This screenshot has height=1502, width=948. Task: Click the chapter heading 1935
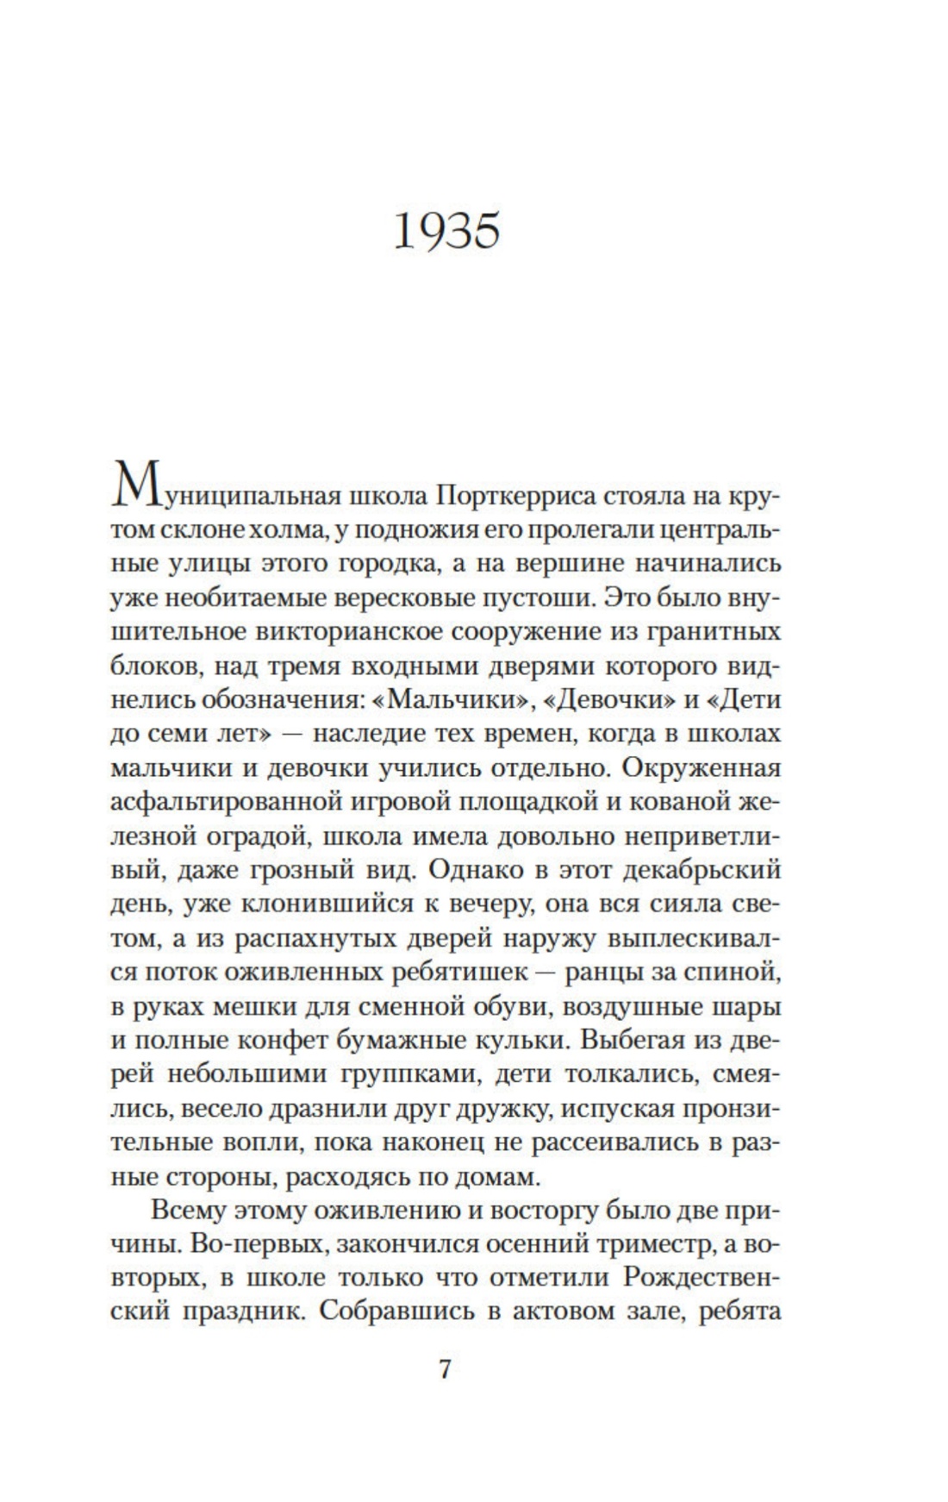point(446,231)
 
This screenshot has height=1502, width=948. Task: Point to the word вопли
point(256,1142)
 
